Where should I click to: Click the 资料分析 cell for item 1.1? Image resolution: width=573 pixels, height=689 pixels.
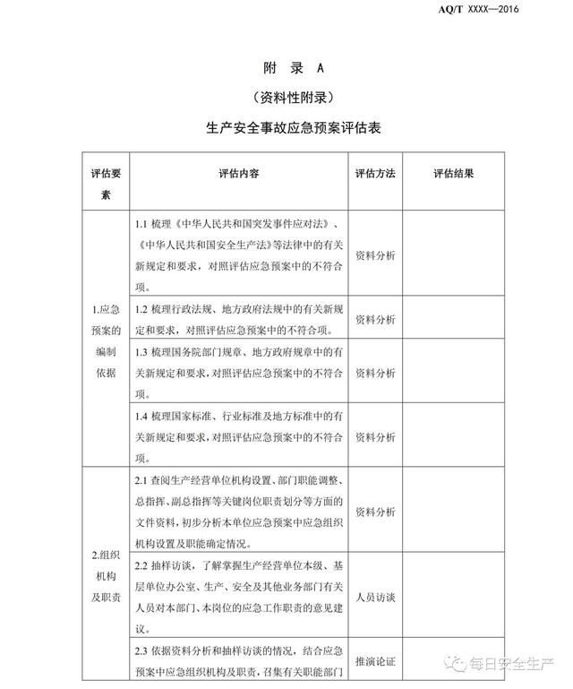click(x=375, y=255)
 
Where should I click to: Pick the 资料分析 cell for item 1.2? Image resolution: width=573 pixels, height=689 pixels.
click(x=375, y=318)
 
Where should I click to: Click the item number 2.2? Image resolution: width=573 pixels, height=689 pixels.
click(x=141, y=566)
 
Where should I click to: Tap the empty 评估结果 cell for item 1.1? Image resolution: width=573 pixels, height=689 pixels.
click(x=453, y=255)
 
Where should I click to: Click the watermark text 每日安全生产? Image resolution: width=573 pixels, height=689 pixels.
click(x=511, y=665)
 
